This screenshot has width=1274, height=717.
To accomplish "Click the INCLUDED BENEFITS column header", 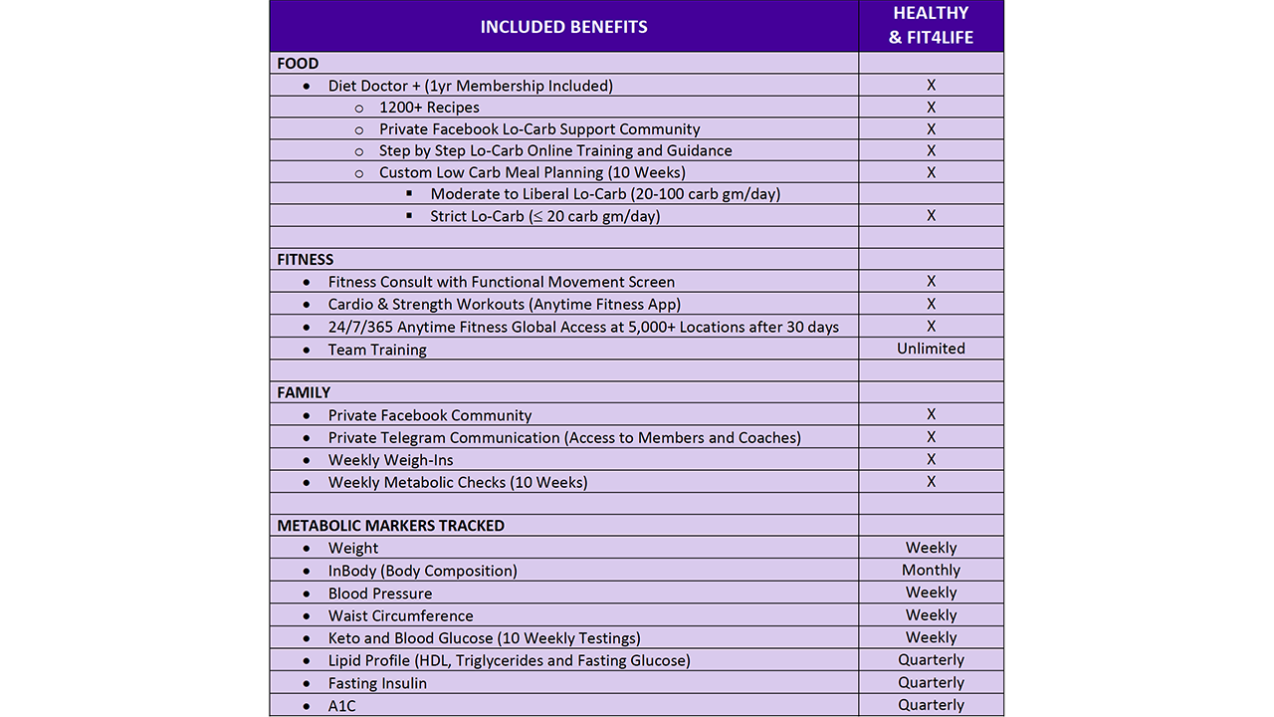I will tap(563, 27).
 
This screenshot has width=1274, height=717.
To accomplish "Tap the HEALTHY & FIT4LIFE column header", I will tap(931, 26).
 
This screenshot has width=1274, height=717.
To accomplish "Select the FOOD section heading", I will tap(298, 64).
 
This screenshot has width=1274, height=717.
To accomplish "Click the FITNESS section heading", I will tap(306, 260).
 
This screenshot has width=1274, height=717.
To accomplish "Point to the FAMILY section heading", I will tap(304, 392).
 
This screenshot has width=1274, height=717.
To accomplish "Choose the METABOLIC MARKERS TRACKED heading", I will tap(390, 526).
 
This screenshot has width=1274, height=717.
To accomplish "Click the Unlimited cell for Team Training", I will tap(931, 349).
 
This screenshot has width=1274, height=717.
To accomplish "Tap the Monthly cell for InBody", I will tap(931, 571).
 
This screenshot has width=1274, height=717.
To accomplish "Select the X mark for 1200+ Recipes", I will tap(931, 108).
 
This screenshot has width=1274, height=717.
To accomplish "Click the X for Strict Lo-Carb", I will tap(931, 216).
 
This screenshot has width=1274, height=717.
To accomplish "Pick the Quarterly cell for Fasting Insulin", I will tap(931, 683).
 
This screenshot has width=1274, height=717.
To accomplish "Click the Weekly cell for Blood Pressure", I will tap(931, 593).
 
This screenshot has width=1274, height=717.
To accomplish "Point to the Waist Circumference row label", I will tap(400, 616).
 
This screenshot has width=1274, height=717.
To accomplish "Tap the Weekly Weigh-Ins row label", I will tap(390, 460).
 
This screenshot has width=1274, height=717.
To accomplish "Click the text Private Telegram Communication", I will tap(444, 438).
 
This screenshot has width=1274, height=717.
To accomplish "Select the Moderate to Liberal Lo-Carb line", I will tap(605, 194).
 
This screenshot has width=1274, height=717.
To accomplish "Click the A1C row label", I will tap(341, 706).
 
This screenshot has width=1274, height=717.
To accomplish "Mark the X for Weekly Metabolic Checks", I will tap(931, 482).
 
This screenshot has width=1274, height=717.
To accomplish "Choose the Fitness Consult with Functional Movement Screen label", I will tap(501, 283).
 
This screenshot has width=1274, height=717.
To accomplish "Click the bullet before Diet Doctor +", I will tap(307, 87).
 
